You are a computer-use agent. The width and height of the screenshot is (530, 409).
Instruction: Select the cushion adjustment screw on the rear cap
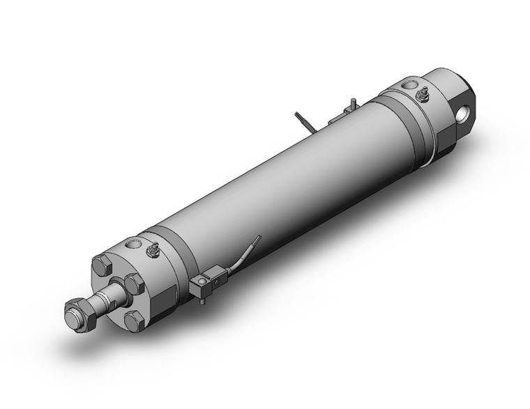tap(423, 93)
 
